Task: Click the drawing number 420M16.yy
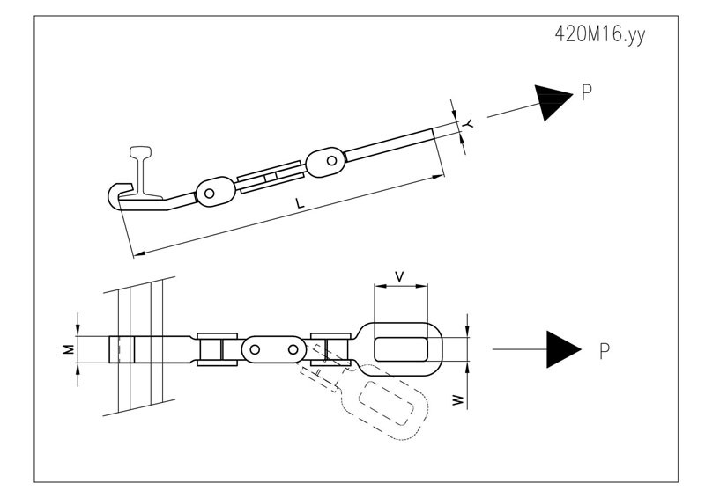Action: [x=600, y=34]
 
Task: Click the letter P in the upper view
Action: [x=587, y=92]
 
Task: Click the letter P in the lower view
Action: [x=605, y=351]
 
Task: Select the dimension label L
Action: [x=300, y=202]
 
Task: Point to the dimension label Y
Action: [x=468, y=123]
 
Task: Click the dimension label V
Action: [x=399, y=276]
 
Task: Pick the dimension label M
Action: [x=69, y=349]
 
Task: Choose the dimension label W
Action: [x=457, y=399]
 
